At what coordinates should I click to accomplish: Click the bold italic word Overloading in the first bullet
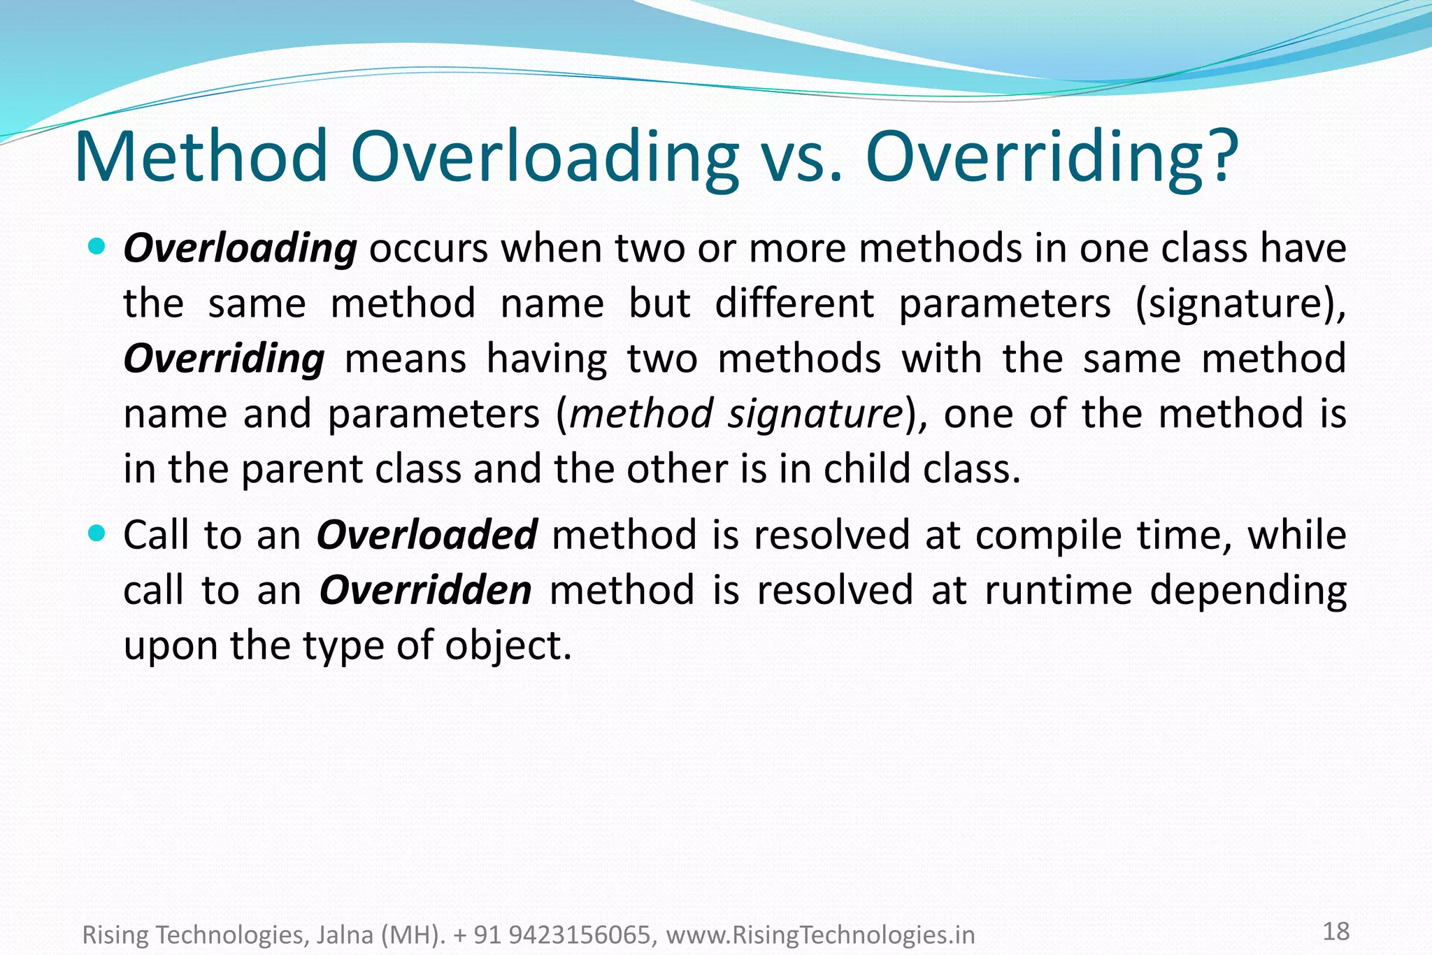(x=240, y=249)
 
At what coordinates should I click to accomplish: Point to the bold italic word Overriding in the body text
(x=224, y=359)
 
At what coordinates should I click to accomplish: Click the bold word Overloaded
(x=427, y=535)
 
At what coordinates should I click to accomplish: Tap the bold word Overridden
(x=425, y=590)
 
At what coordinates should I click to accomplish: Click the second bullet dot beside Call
(x=97, y=533)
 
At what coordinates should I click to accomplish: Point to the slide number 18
(x=1336, y=931)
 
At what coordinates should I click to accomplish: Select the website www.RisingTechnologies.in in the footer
(x=820, y=935)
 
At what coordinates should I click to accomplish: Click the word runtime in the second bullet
(x=1059, y=590)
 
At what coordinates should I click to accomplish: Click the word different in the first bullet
(x=794, y=304)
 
